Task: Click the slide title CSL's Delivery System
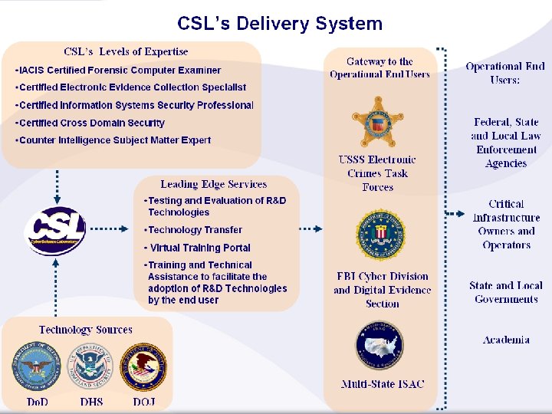pos(280,24)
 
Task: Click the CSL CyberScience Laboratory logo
pos(54,228)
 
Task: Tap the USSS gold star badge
pos(377,122)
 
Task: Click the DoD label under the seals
pos(37,402)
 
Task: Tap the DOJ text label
pos(144,402)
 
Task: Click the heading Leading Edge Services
pos(214,184)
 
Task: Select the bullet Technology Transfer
pos(195,230)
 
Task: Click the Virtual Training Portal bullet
pos(199,248)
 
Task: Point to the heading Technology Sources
pos(86,330)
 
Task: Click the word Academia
pos(506,340)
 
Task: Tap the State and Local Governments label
pos(506,292)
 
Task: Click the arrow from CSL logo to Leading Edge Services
pos(112,228)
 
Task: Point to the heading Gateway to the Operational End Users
pos(379,68)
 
